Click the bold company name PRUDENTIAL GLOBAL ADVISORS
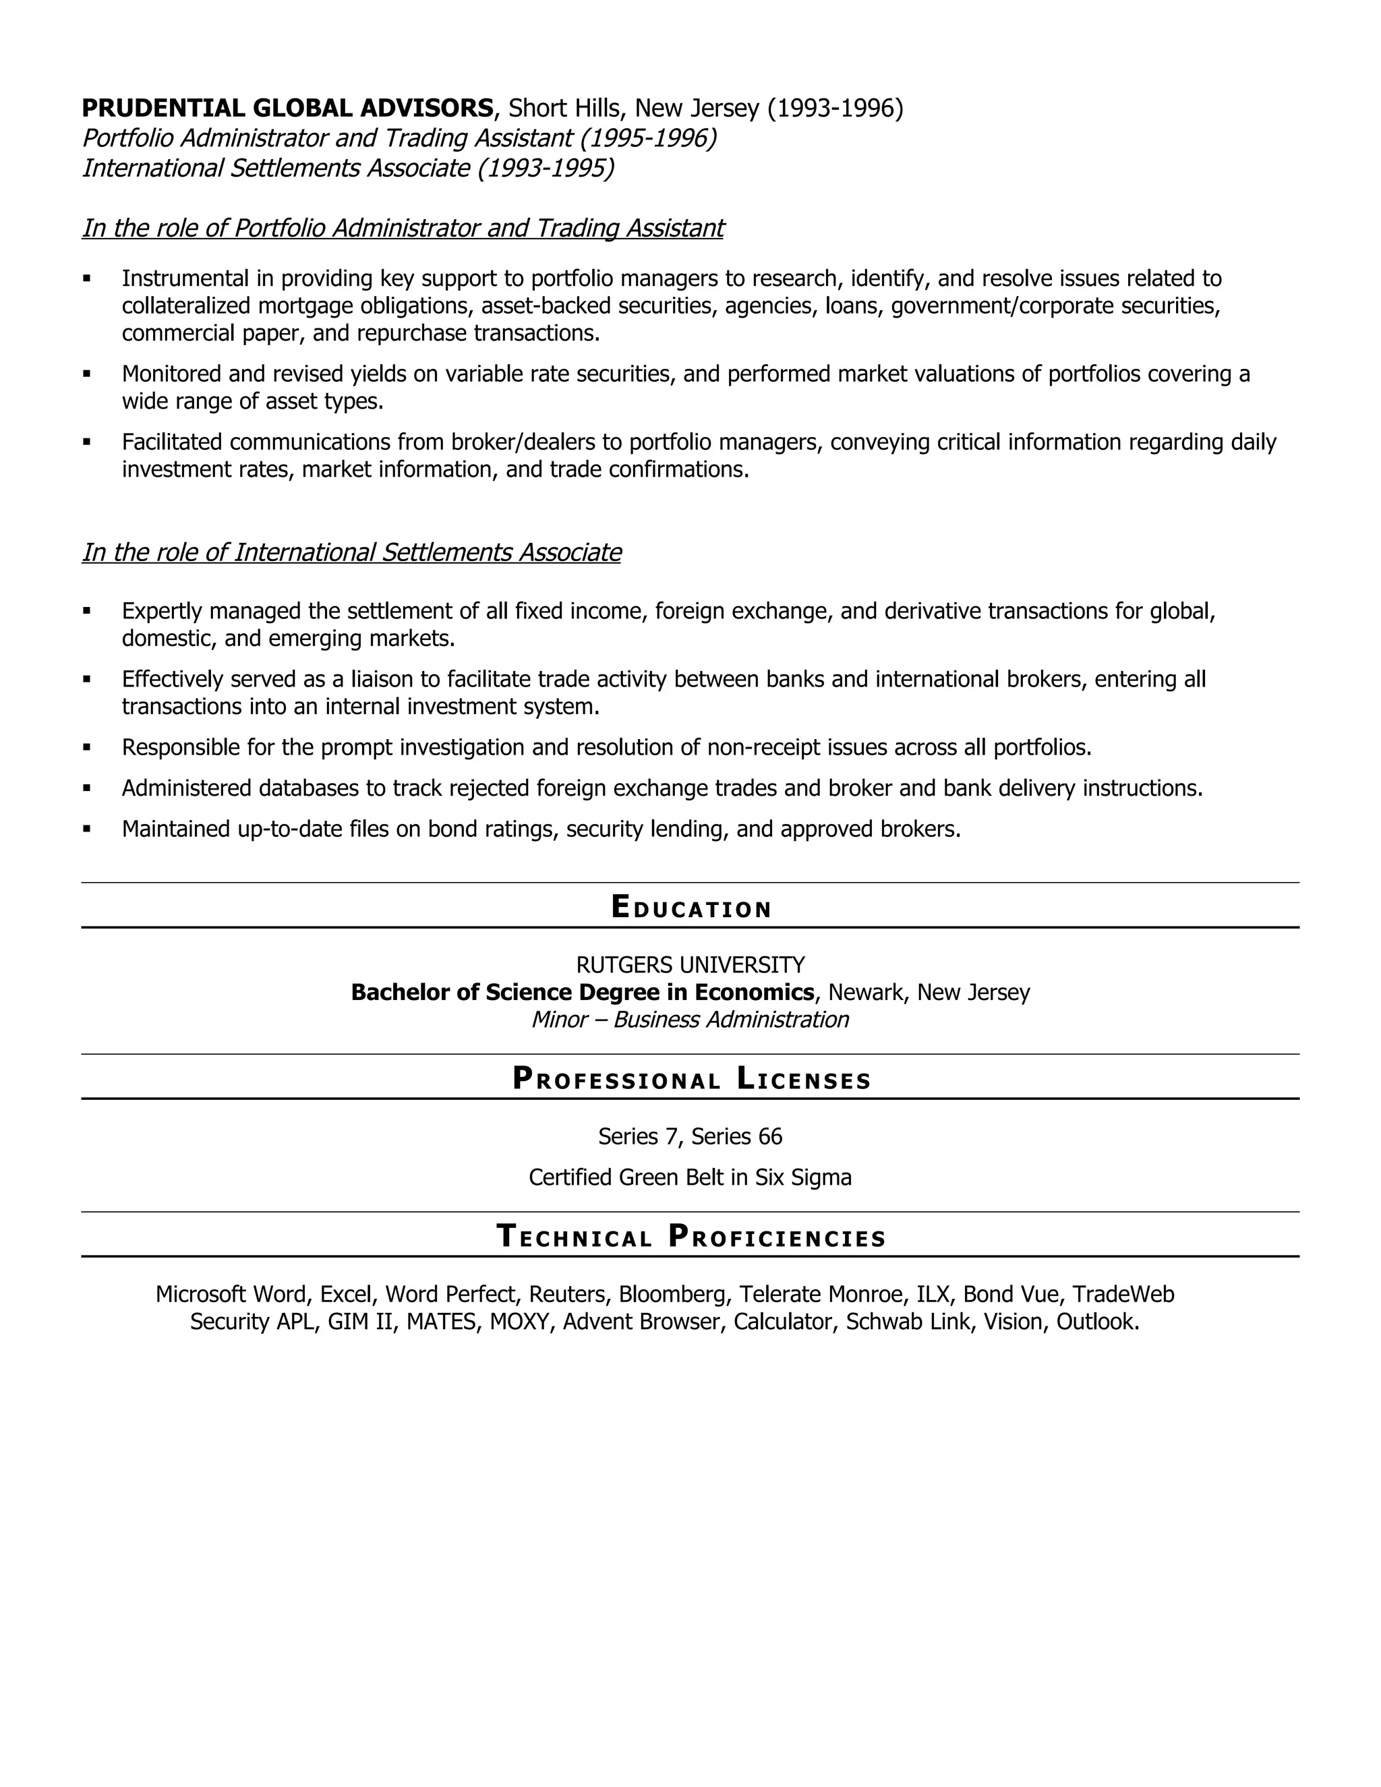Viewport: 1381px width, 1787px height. click(287, 108)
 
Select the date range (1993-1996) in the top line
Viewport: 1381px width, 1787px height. click(835, 108)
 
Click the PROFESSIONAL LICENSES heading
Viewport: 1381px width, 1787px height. click(690, 1078)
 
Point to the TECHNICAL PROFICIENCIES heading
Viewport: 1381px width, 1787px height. click(690, 1236)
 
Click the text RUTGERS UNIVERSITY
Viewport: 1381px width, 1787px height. click(690, 965)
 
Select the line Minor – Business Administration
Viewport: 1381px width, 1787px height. click(690, 1020)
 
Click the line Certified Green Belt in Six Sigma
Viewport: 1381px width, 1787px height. click(690, 1177)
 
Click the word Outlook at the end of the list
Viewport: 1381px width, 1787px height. click(1096, 1322)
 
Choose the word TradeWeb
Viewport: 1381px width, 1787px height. click(1123, 1295)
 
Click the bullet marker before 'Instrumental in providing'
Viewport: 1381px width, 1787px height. click(87, 279)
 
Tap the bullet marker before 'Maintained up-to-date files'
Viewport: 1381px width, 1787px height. click(87, 829)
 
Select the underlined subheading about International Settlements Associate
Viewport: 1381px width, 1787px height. click(351, 553)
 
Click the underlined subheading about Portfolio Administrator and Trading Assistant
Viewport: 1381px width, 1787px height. click(403, 229)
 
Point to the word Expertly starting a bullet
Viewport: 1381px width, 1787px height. click(161, 611)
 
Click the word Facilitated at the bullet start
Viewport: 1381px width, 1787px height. click(173, 442)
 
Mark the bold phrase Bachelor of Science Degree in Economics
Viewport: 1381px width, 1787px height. click(583, 993)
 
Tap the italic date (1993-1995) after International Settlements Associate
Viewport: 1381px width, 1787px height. click(546, 168)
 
